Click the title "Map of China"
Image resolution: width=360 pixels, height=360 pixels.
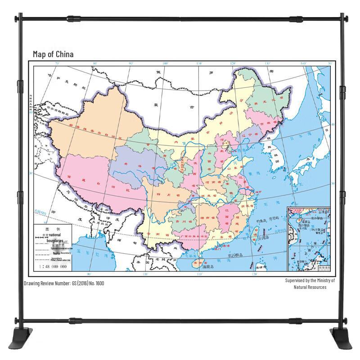[x=53, y=54]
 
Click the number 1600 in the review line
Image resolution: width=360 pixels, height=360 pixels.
[x=99, y=283]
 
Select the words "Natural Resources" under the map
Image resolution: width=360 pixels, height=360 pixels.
[x=307, y=287]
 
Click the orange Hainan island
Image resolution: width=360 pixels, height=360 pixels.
[x=197, y=262]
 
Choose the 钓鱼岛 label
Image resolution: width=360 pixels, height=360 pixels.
[x=263, y=221]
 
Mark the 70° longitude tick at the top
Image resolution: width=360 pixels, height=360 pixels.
[x=57, y=63]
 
